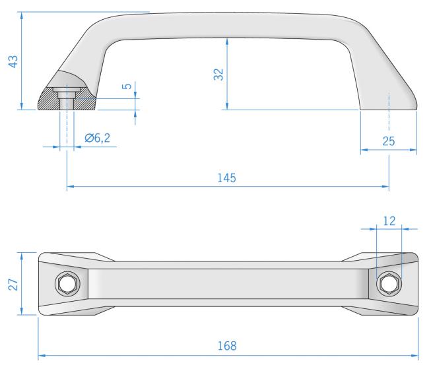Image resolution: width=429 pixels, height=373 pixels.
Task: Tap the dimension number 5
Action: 128,86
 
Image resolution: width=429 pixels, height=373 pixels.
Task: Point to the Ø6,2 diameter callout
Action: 98,139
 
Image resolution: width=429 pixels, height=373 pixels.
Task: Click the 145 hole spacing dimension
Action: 227,178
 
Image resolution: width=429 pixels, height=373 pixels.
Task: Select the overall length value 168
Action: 227,346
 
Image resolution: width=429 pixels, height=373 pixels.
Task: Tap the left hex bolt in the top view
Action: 67,284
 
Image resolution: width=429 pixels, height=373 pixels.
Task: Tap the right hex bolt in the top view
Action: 389,284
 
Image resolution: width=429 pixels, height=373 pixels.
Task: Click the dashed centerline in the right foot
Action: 389,109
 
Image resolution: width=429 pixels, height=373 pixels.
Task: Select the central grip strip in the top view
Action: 227,284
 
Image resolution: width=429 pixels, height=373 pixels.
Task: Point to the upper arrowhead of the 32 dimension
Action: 227,40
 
